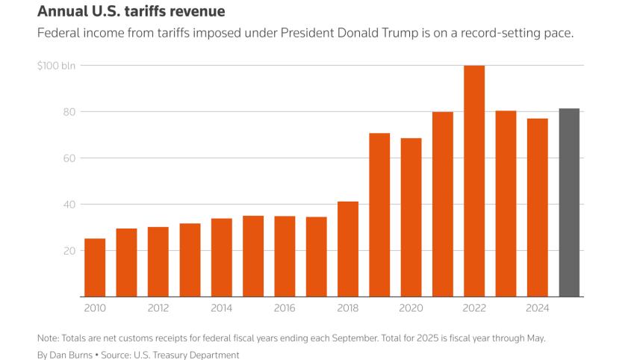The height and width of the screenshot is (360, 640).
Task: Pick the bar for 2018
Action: (348, 249)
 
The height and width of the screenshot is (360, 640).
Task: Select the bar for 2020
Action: (411, 217)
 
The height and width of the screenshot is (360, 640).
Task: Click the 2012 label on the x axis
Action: (158, 308)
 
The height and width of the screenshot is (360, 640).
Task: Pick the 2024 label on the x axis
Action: (538, 308)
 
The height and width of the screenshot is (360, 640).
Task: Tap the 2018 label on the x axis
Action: (348, 308)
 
